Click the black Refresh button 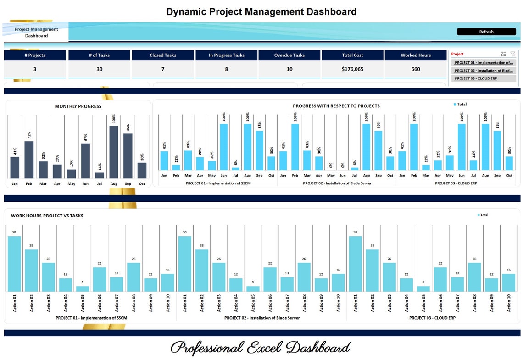pos(486,32)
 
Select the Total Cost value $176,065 pos(352,69)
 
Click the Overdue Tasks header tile pos(289,55)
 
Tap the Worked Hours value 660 pos(415,69)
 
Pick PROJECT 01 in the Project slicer pos(483,63)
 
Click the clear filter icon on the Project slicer pos(513,54)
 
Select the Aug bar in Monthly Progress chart pos(114,152)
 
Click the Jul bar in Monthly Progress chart pos(100,175)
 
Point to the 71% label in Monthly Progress pos(29,135)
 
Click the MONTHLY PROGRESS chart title pos(78,106)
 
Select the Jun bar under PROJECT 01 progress pos(223,147)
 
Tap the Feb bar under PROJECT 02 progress pos(295,147)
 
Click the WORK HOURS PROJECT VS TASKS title pos(47,216)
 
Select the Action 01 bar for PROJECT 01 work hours pos(14,264)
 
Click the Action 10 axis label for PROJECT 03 pos(509,303)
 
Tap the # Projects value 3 pos(35,69)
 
